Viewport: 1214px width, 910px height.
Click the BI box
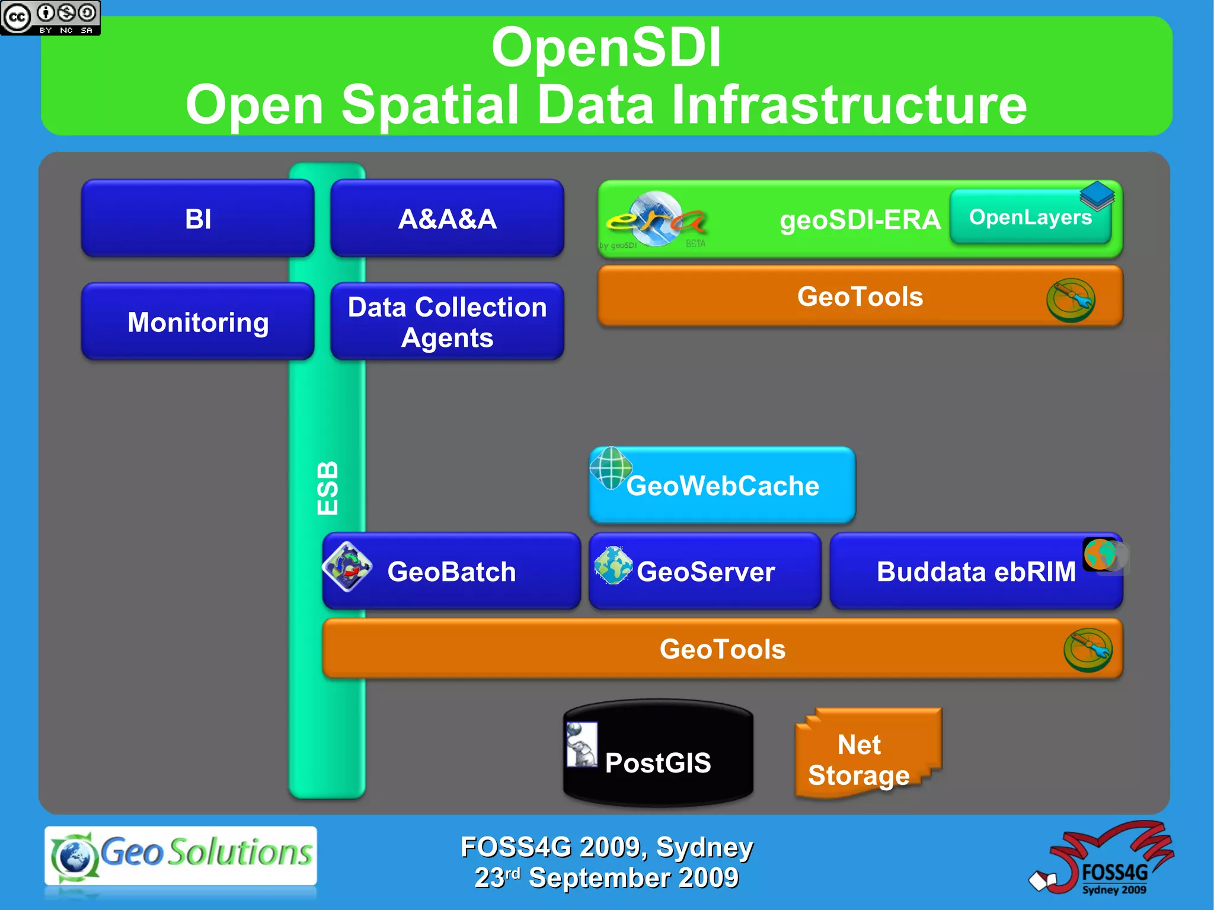[197, 218]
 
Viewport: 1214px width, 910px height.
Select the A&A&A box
[447, 218]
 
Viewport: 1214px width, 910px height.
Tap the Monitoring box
[197, 322]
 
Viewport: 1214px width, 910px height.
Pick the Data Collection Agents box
[447, 322]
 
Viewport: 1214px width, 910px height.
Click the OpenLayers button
[1030, 217]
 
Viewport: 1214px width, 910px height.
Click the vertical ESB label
[327, 487]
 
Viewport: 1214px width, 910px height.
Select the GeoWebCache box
[722, 486]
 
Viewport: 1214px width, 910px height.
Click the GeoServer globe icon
[614, 565]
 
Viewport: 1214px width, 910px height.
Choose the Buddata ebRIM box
[976, 571]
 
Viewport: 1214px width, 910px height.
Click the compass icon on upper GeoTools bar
[1071, 300]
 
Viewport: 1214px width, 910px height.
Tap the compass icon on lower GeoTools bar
[1088, 650]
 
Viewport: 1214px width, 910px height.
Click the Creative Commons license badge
[50, 18]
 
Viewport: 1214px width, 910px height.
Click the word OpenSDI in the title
[606, 47]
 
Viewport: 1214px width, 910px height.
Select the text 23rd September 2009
[606, 878]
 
